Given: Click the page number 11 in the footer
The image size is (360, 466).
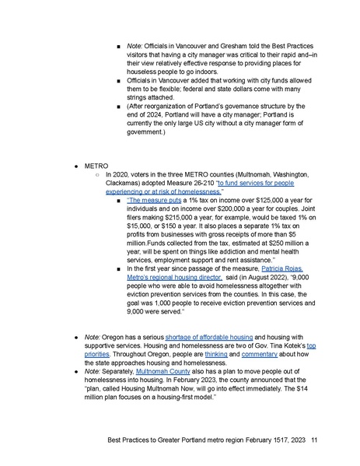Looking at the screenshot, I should pyautogui.click(x=313, y=439).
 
